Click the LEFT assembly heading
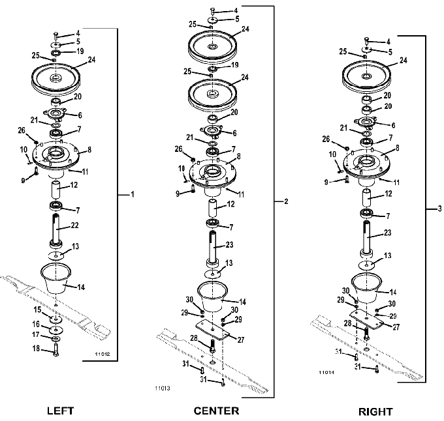[60, 411]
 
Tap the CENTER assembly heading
[216, 411]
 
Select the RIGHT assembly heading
[375, 412]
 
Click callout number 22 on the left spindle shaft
[74, 225]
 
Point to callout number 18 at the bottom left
[37, 349]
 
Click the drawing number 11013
[163, 388]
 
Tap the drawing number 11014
[326, 372]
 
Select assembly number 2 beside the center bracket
[286, 201]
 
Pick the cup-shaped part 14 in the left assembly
[55, 278]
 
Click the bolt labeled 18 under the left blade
[55, 349]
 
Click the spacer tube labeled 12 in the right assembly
[368, 198]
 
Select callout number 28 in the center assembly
[194, 338]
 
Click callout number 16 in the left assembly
[36, 324]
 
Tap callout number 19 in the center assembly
[235, 65]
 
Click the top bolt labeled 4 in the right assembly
[366, 40]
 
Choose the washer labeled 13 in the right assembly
[367, 265]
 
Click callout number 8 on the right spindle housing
[397, 148]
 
